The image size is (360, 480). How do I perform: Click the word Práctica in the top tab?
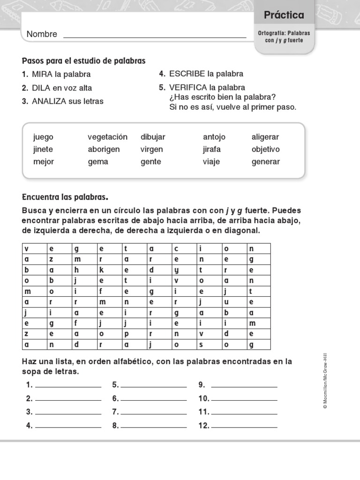tap(284, 15)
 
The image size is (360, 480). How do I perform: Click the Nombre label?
tap(42, 34)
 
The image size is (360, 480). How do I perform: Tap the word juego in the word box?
tap(43, 137)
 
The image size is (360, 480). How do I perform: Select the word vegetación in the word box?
tap(107, 137)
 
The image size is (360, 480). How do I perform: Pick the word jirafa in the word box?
tap(212, 149)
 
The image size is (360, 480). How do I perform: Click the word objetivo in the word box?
tap(265, 149)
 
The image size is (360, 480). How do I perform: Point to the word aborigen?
tap(104, 149)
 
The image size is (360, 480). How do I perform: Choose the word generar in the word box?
tap(265, 162)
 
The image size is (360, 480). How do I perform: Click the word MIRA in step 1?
tap(42, 74)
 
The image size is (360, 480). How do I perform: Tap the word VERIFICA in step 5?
tap(188, 88)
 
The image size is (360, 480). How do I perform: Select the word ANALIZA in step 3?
tap(49, 101)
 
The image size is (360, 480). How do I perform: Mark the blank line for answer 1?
tap(68, 386)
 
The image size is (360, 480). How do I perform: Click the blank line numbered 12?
tap(244, 427)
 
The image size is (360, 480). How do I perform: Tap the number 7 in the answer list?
tap(114, 412)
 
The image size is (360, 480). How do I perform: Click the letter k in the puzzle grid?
tap(101, 270)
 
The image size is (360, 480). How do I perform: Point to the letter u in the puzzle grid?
tap(226, 302)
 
